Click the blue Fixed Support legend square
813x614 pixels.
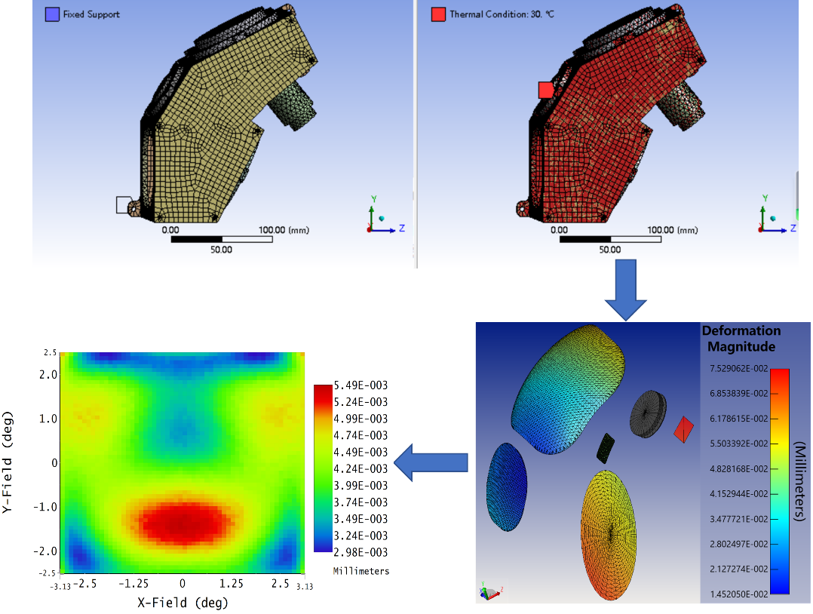click(x=52, y=14)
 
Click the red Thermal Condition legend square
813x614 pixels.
click(x=438, y=14)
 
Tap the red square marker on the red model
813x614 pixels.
click(x=546, y=90)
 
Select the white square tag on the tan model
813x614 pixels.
click(x=124, y=205)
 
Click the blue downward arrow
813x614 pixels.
click(x=625, y=290)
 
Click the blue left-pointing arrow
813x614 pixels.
click(x=431, y=462)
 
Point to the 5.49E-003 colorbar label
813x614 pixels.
click(x=360, y=385)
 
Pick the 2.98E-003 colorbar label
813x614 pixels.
click(x=360, y=552)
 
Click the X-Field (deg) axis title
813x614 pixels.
click(x=183, y=603)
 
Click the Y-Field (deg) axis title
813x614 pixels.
click(x=8, y=462)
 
